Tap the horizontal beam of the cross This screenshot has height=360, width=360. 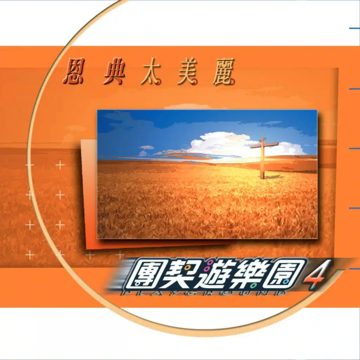(x=264, y=145)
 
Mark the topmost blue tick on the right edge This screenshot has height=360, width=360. (x=354, y=28)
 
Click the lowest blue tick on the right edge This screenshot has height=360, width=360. (x=354, y=268)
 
